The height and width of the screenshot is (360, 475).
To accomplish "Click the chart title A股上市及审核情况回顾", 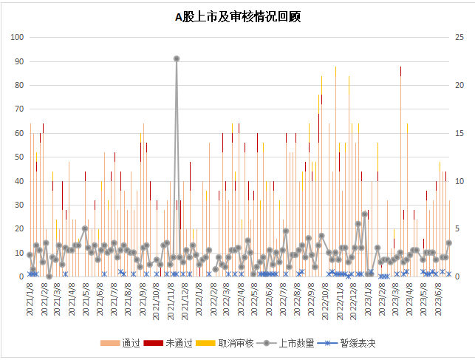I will tap(237, 16).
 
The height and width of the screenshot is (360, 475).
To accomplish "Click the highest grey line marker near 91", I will tap(177, 58).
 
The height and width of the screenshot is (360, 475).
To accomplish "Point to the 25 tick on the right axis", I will tap(459, 38).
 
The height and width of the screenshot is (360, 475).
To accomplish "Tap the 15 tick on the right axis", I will tap(459, 134).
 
